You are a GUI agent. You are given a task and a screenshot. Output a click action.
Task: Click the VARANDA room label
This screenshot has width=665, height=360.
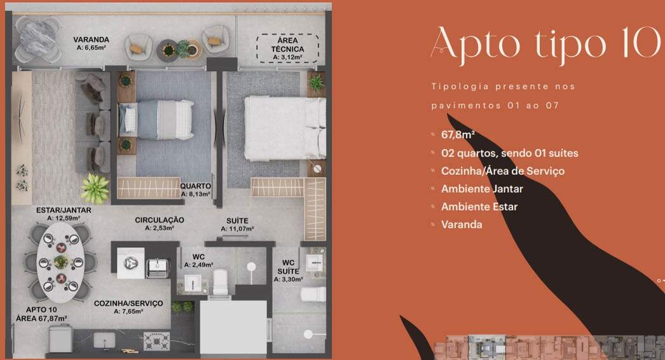tap(91, 39)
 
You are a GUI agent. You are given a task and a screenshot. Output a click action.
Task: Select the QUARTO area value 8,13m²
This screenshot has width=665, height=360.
tap(196, 194)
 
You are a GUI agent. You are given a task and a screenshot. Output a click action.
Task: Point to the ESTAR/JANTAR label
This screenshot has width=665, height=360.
tap(64, 210)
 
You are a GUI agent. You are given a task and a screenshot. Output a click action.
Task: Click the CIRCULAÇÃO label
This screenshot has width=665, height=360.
tap(160, 220)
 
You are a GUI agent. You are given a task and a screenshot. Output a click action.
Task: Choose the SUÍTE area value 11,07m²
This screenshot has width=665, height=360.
tap(237, 229)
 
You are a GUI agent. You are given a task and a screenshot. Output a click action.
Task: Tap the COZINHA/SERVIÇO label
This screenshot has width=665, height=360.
tap(128, 303)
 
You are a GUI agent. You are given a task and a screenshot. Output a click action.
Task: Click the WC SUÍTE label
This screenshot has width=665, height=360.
tap(289, 267)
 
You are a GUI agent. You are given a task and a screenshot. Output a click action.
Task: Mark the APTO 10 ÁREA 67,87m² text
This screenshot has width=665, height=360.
tap(41, 314)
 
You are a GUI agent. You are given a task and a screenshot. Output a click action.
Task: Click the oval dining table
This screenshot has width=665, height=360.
tap(60, 262)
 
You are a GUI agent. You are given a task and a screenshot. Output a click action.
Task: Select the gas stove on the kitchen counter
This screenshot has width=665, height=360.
tap(156, 341)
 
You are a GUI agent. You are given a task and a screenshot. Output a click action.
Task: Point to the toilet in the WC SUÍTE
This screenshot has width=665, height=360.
tap(313, 294)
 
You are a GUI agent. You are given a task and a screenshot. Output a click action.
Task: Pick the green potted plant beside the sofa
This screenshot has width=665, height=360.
tap(95, 188)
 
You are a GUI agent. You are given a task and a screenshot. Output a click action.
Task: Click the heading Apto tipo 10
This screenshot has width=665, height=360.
tap(545, 43)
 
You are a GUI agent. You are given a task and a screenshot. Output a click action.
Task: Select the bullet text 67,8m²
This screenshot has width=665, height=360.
tap(458, 135)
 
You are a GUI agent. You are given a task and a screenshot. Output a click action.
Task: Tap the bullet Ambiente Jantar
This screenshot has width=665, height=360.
tap(482, 189)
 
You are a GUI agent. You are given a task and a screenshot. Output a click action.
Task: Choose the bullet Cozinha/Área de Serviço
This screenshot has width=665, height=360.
tap(503, 171)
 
